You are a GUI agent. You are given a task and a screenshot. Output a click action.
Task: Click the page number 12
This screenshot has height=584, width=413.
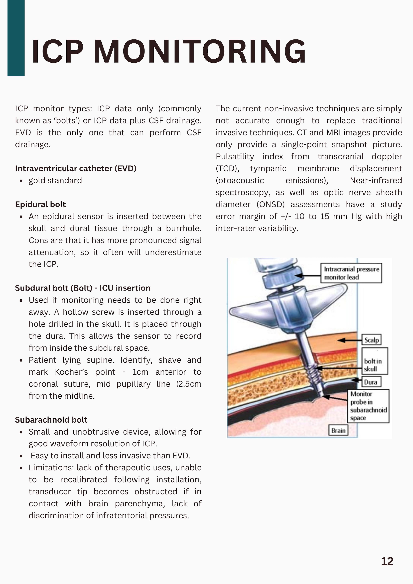click(387, 561)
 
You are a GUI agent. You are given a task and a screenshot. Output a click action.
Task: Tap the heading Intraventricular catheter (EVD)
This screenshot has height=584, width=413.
click(76, 168)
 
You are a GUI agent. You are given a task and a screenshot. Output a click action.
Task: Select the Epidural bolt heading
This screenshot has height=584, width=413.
click(40, 204)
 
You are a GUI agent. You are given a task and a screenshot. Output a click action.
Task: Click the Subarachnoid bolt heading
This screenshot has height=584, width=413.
click(51, 420)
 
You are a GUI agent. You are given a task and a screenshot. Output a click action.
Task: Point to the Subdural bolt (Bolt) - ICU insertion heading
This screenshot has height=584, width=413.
click(82, 288)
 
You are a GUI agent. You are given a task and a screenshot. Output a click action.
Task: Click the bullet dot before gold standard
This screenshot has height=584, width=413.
click(21, 181)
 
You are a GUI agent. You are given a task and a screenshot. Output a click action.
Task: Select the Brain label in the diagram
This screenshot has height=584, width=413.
click(338, 430)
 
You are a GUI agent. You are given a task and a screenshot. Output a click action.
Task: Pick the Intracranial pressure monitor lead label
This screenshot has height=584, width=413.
click(351, 273)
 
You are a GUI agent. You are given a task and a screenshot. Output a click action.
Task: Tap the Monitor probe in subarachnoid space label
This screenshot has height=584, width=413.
click(368, 406)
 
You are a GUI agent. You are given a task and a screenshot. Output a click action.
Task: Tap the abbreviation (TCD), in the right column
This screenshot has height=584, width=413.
click(227, 168)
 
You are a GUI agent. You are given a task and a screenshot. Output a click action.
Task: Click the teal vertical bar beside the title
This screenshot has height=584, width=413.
click(16, 38)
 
